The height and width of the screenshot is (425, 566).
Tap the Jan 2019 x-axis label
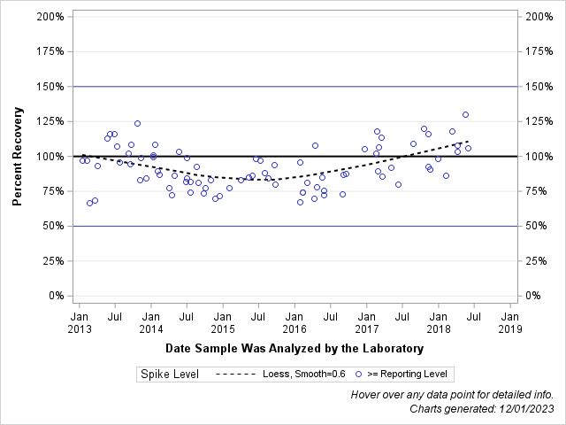pos(509,321)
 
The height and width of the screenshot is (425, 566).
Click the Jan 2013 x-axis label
pos(80,321)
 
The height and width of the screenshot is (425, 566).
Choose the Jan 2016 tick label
pos(294,321)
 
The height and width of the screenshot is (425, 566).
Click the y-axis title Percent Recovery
pos(18,157)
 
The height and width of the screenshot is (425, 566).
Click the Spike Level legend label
pos(170,375)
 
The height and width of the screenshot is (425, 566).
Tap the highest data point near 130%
pos(465,114)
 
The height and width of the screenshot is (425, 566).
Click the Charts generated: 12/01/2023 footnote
pos(482,408)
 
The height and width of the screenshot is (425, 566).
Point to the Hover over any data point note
pos(452,394)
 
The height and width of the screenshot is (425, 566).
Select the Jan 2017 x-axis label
pos(366,321)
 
